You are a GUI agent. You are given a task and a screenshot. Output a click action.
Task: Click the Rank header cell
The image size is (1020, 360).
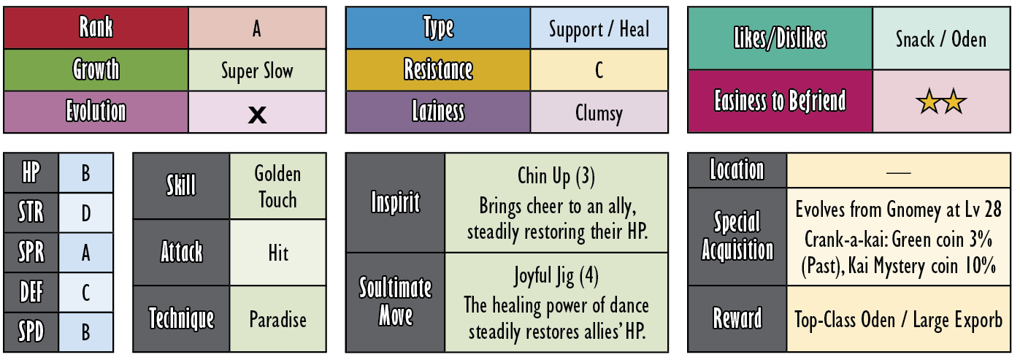(x=96, y=27)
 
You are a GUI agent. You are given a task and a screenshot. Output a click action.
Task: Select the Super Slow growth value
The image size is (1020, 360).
(x=257, y=71)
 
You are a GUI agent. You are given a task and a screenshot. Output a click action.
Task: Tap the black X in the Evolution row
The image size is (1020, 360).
(x=257, y=115)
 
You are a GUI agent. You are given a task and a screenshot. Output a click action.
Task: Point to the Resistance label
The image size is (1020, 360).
(x=438, y=69)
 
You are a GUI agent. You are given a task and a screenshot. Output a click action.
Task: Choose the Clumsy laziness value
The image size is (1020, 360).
(x=599, y=113)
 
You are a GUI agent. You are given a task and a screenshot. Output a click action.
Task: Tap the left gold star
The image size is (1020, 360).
(x=929, y=102)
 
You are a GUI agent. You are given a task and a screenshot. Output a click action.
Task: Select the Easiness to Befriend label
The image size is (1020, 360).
(x=780, y=101)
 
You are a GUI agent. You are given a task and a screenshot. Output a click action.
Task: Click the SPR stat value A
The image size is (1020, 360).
(x=85, y=253)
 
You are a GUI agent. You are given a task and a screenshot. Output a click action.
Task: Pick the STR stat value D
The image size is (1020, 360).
(x=85, y=213)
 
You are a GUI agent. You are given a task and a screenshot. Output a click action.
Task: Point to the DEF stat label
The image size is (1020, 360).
(x=31, y=292)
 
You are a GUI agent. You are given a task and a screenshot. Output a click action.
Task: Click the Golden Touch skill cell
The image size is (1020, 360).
(x=277, y=186)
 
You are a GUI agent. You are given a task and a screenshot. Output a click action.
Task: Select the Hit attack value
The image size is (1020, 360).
(x=278, y=253)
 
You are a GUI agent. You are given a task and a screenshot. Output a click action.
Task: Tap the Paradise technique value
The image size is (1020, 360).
(x=277, y=319)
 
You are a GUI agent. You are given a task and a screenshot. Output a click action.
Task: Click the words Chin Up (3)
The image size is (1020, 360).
(x=556, y=177)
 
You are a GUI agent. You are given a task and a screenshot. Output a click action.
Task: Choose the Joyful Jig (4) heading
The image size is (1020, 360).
(x=556, y=276)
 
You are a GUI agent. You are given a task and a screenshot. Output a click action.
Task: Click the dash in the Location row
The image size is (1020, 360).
(x=898, y=173)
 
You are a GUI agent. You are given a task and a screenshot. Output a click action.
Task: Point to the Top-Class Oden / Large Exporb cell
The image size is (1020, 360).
(x=898, y=319)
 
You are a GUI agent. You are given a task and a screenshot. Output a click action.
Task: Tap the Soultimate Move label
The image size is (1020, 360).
(x=395, y=302)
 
